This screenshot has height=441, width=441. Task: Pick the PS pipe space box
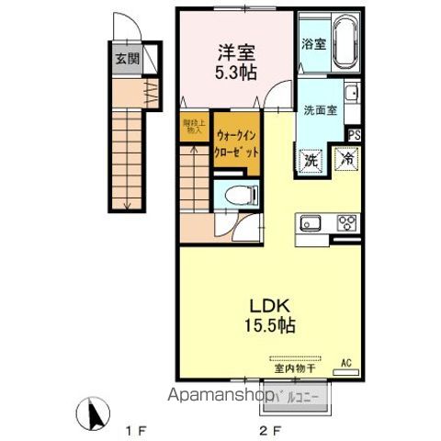353,133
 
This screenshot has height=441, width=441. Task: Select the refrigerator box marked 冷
347,159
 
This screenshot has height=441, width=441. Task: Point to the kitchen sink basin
308,222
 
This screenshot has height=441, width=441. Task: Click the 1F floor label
134,428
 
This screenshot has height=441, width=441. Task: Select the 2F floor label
266,428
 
